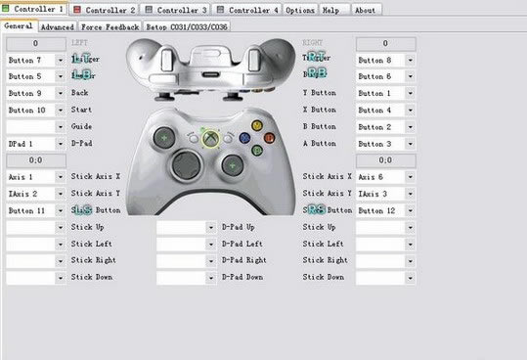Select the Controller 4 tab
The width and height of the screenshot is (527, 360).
tap(248, 9)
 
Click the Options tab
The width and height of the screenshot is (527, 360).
tap(300, 9)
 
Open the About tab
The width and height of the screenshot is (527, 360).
tap(365, 9)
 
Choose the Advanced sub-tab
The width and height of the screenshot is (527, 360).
tap(58, 26)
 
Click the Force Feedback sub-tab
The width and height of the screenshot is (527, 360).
tap(110, 26)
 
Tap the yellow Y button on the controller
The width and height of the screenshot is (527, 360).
tap(257, 125)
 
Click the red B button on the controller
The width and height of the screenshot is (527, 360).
tap(269, 138)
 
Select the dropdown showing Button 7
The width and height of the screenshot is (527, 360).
tap(33, 61)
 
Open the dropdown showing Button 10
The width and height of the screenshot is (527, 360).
tap(33, 111)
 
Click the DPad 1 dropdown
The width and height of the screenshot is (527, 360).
tap(33, 144)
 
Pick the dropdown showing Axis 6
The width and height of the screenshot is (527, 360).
tap(385, 177)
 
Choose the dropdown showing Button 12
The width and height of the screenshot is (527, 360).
tap(385, 210)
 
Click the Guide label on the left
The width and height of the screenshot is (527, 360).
tap(81, 127)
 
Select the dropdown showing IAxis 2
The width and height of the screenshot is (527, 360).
tap(33, 194)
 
